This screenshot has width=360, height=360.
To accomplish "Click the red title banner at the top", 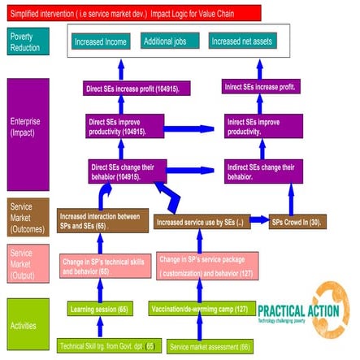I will pos(130,12).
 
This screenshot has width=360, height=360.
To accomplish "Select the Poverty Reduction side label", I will pos(26,41).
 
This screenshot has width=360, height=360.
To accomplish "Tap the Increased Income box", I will pos(102,41).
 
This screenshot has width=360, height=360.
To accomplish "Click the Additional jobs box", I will pos(170,41).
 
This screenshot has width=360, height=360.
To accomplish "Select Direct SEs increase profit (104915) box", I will pos(138,89).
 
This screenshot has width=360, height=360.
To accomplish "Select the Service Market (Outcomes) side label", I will pos(26,217).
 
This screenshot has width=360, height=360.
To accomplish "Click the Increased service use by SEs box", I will pos(210,222).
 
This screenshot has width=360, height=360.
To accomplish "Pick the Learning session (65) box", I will pos(101,309).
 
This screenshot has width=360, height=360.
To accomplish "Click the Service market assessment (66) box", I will pos(209,346).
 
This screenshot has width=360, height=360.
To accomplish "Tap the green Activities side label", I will pos(26,324).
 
